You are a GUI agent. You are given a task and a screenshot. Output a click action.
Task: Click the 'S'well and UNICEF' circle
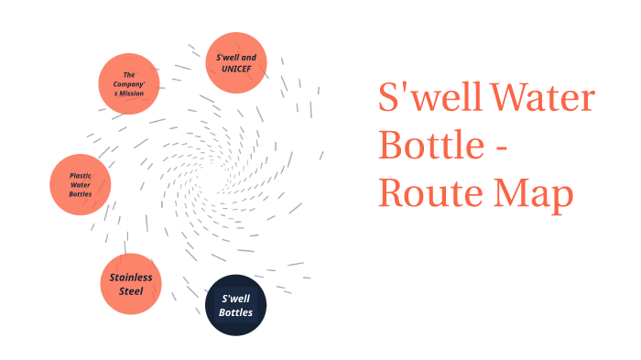(236, 62)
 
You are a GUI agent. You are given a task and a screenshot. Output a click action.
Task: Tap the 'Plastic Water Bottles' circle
(80, 184)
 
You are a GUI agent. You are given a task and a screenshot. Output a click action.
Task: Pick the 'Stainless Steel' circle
(130, 284)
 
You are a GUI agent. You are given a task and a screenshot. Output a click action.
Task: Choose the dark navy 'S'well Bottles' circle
(235, 305)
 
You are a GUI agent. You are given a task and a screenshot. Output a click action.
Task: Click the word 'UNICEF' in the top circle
(236, 69)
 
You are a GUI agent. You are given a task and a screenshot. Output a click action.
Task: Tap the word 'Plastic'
(81, 174)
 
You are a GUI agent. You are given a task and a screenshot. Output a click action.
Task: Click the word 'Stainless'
(130, 278)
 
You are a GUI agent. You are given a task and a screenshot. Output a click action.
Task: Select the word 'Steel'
(130, 291)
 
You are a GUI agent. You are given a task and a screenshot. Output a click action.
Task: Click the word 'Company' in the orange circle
(130, 83)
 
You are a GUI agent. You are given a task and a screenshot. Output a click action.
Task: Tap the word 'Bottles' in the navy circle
(235, 312)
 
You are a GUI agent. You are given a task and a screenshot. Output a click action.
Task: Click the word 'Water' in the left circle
(81, 184)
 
